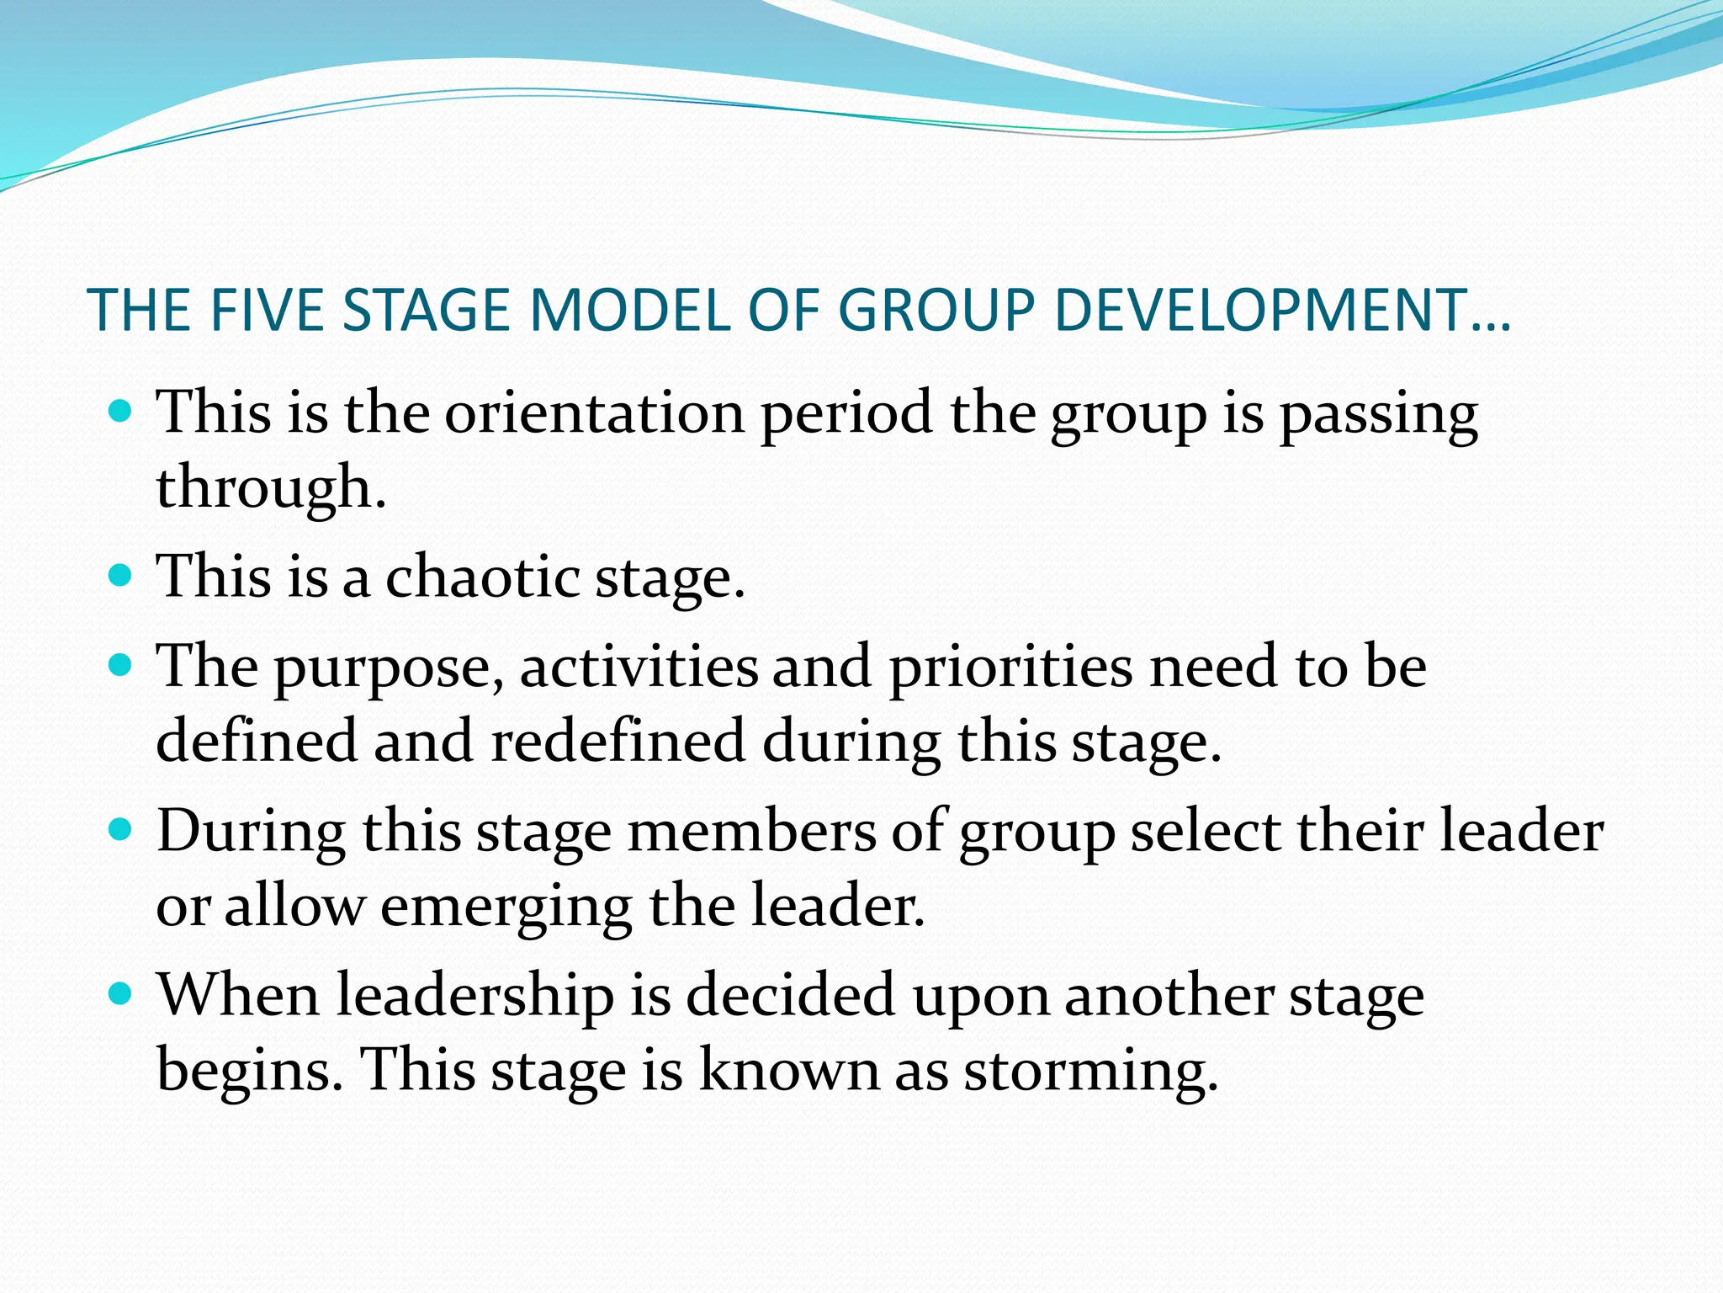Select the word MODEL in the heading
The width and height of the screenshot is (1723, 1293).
click(x=629, y=310)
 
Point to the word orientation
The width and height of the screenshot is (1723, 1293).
click(x=594, y=413)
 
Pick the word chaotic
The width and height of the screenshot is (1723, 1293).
click(x=482, y=577)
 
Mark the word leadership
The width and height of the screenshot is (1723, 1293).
click(x=474, y=996)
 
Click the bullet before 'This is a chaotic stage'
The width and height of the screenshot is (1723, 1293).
click(x=122, y=576)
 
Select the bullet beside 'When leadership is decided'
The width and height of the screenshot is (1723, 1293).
click(x=122, y=995)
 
